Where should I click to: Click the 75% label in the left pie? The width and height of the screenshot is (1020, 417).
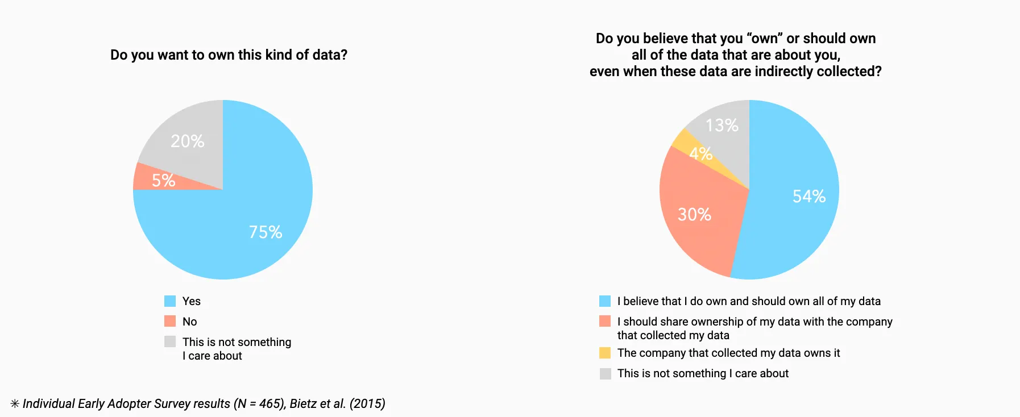(266, 232)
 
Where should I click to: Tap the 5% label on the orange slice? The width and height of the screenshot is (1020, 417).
(163, 181)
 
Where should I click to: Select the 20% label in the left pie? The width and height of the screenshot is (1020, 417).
(188, 141)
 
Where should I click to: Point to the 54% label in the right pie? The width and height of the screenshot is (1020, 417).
(809, 197)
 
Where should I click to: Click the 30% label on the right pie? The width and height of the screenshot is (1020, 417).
(694, 214)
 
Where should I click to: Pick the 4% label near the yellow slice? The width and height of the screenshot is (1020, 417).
(700, 153)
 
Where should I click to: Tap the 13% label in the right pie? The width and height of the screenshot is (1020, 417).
(722, 125)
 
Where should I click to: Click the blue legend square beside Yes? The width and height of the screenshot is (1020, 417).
(170, 301)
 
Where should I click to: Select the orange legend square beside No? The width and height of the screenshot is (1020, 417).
(170, 322)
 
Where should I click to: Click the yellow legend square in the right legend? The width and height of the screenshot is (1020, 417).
(605, 353)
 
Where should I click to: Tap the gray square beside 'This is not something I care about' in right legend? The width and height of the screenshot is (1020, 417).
(605, 373)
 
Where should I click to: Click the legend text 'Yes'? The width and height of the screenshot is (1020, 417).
(192, 301)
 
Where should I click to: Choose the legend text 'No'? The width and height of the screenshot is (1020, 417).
(190, 322)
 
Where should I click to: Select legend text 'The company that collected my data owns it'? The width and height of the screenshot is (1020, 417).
(728, 353)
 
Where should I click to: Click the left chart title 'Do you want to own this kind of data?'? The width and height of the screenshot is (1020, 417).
(229, 55)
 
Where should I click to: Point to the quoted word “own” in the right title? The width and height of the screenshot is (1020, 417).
(765, 39)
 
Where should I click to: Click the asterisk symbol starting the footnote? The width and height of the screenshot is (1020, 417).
(15, 404)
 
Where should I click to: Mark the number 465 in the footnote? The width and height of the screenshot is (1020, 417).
(268, 403)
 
